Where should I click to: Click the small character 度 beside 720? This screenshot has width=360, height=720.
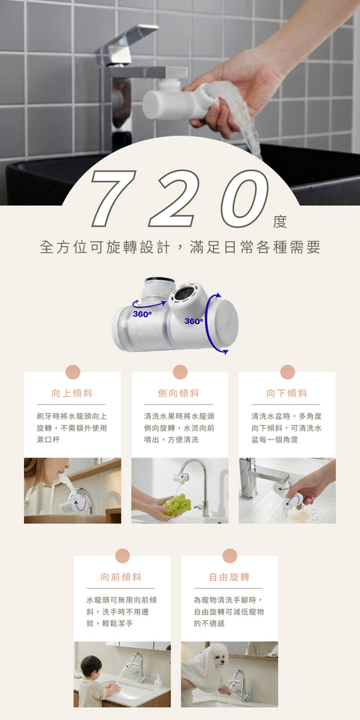280,221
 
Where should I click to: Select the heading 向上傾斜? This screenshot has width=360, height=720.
72,393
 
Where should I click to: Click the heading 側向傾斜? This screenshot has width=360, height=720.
179,393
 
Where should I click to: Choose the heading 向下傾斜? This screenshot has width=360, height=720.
286,393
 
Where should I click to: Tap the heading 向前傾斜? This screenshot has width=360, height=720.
121,577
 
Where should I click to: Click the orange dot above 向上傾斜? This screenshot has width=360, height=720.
73,372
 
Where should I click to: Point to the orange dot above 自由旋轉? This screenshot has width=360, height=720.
229,556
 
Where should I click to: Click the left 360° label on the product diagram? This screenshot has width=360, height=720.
142,313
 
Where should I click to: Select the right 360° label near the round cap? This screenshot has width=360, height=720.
193,321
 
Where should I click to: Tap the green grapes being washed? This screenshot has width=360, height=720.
178,505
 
